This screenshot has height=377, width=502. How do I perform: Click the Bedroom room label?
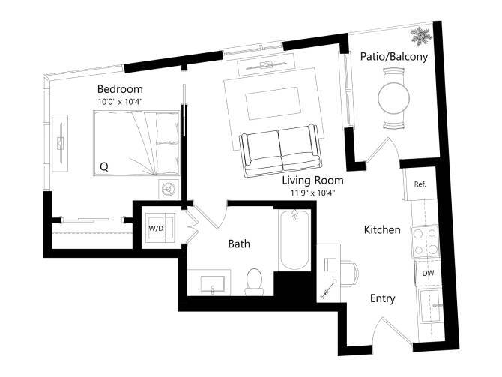pyautogui.click(x=120, y=89)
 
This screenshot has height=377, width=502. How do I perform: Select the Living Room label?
pyautogui.click(x=312, y=181)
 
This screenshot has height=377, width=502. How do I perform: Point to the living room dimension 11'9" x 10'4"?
pyautogui.click(x=312, y=192)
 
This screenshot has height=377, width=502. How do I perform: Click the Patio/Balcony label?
pyautogui.click(x=393, y=56)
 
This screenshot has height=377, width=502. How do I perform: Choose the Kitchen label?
pyautogui.click(x=382, y=229)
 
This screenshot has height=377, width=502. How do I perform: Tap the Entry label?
pyautogui.click(x=383, y=298)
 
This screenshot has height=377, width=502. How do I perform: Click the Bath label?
pyautogui.click(x=239, y=244)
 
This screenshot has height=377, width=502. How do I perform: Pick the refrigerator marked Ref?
pyautogui.click(x=420, y=184)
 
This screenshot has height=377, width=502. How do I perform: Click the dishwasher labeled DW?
pyautogui.click(x=428, y=274)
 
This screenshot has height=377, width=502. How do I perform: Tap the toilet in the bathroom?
pyautogui.click(x=255, y=281)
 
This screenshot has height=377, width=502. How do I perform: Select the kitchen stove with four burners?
pyautogui.click(x=426, y=241)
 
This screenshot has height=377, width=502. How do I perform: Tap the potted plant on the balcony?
pyautogui.click(x=420, y=36)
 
